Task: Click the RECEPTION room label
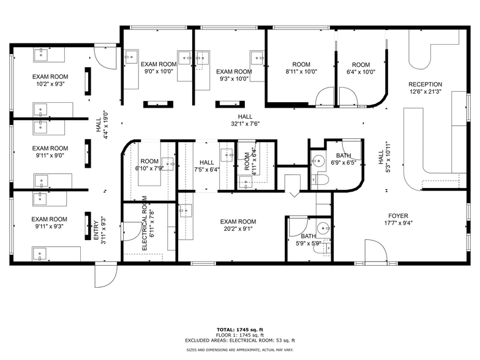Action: [x=425, y=84]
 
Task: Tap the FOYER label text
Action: [x=398, y=216]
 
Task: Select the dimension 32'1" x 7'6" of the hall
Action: [x=245, y=124]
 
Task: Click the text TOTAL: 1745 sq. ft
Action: [x=241, y=329]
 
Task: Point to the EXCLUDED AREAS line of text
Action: [x=241, y=340]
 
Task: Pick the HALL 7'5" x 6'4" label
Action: [x=206, y=166]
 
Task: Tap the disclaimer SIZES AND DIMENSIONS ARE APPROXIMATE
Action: [x=241, y=350]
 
